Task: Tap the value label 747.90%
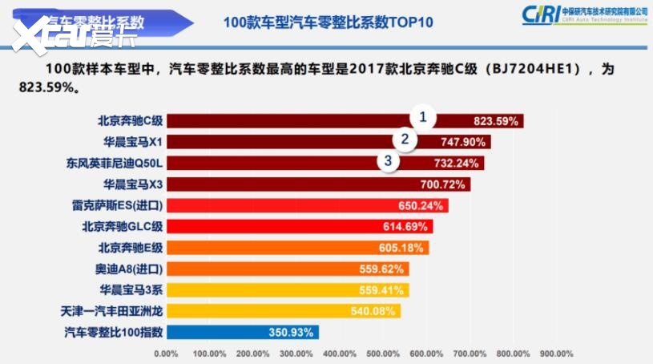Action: coord(464,143)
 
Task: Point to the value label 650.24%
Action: coord(420,206)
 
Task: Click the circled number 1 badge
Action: coord(423,118)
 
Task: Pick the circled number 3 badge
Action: coord(389,160)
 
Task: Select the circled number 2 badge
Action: coord(405,139)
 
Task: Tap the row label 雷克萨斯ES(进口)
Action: coord(118,205)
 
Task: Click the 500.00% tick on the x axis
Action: coord(383,353)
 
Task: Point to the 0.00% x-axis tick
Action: coord(165,353)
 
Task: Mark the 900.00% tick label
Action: coord(557,353)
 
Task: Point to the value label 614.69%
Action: coord(405,227)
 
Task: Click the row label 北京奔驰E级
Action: coord(131,248)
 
